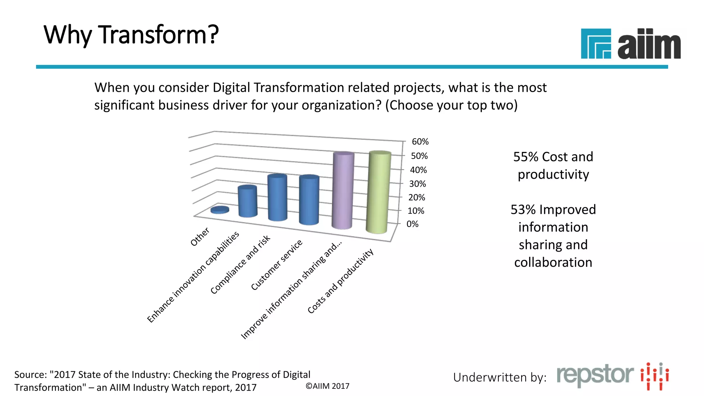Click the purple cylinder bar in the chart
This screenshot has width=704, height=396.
343,191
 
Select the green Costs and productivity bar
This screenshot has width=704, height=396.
378,192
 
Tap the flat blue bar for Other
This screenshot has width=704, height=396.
220,210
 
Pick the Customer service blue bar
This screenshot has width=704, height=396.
309,200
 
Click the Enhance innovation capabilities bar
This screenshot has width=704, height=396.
247,202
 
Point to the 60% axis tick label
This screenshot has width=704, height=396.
420,142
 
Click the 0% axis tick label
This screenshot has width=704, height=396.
412,224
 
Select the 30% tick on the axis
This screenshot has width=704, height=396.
417,184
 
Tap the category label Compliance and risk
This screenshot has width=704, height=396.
240,265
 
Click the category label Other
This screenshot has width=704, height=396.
200,236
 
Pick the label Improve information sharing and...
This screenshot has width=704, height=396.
291,290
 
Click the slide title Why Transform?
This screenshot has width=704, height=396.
131,35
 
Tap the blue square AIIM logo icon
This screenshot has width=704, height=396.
596,44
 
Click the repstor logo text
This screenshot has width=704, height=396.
595,375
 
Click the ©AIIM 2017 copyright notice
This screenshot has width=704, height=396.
327,386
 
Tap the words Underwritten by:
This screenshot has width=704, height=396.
499,377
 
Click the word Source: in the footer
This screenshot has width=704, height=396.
30,374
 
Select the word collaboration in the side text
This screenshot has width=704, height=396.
553,263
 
